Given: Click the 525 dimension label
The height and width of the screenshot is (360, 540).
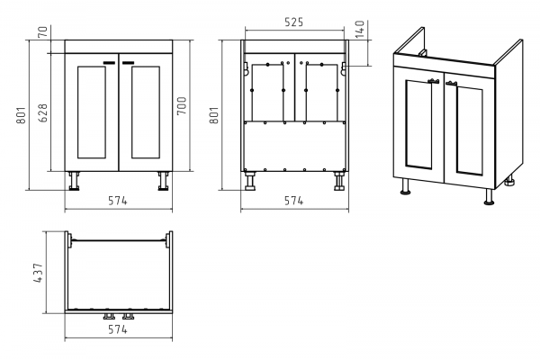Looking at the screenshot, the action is [293, 22].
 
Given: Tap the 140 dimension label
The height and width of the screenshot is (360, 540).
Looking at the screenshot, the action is [359, 29].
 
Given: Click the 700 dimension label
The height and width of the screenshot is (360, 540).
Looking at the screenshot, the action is [182, 106].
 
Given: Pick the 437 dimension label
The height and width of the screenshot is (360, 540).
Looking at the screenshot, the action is [38, 273].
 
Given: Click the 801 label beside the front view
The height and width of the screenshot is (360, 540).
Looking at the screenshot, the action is [21, 115].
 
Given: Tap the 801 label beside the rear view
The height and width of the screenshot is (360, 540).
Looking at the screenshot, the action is [214, 115].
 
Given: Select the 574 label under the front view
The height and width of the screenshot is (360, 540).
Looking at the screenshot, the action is [118, 201].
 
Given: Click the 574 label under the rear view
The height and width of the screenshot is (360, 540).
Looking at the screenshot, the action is [293, 201].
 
